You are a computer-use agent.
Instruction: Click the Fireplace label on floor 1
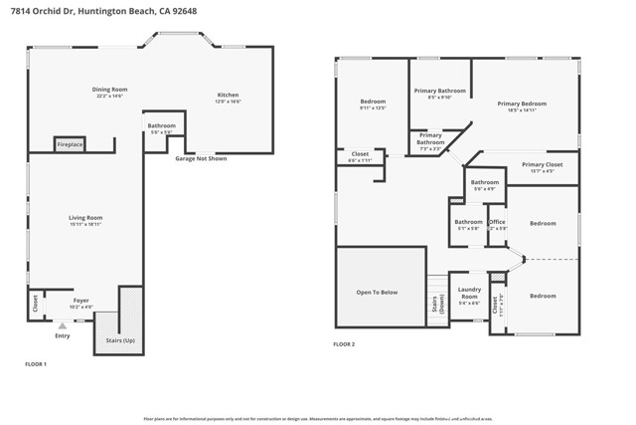70,144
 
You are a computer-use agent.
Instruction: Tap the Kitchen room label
228,95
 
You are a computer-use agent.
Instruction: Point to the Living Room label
85,217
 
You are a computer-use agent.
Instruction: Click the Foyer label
81,300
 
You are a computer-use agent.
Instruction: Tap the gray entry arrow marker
63,325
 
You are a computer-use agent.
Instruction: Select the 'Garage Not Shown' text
201,158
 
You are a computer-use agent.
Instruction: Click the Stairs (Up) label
119,339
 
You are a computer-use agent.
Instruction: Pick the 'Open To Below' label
377,292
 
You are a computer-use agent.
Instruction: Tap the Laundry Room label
469,293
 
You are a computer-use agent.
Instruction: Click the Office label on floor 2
497,222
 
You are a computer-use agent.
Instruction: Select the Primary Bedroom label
522,104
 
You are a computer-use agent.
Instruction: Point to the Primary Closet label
542,164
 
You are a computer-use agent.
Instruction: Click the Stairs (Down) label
435,304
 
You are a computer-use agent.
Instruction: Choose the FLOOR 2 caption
344,343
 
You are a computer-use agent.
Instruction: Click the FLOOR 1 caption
36,364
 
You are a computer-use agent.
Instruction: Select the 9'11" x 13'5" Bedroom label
373,102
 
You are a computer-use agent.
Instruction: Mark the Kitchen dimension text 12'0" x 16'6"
228,102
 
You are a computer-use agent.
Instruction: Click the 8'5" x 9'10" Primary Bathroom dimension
439,98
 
